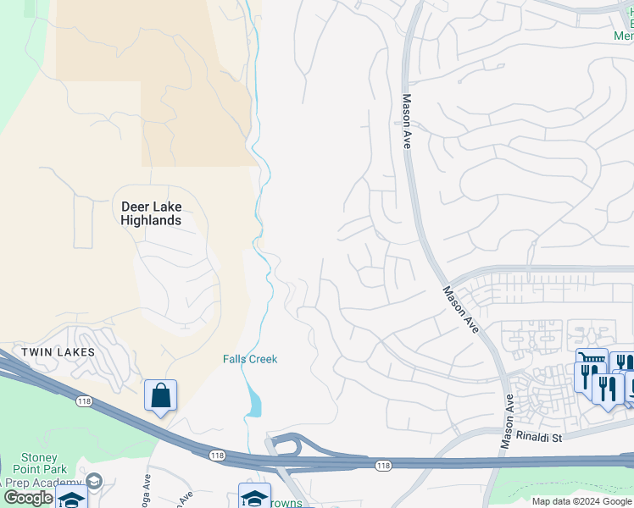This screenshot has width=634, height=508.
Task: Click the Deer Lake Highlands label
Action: point(151,213)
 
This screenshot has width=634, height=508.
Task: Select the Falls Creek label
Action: point(250,359)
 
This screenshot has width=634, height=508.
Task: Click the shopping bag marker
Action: point(160,395)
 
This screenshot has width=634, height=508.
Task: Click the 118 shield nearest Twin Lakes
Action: point(83,400)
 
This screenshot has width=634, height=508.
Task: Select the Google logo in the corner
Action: point(27,498)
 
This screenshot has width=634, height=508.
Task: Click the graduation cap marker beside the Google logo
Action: point(72,500)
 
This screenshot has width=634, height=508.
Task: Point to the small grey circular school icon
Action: point(94,481)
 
